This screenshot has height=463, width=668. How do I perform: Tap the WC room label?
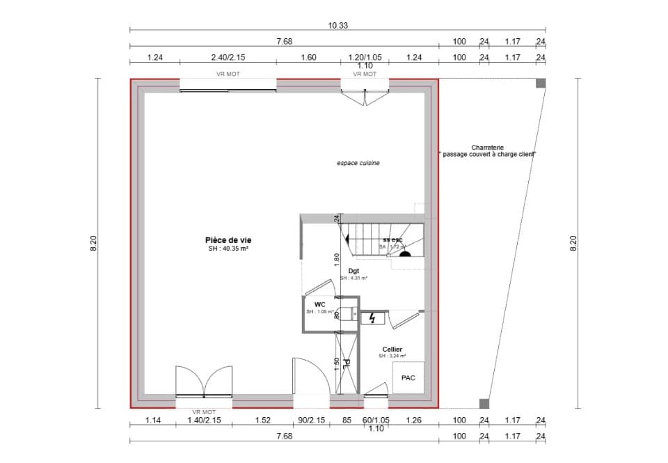tap(319, 304)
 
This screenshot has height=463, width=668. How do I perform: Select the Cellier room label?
tap(392, 349)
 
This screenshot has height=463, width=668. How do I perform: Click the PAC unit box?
tap(408, 378)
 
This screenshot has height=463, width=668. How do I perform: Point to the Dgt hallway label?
tap(353, 271)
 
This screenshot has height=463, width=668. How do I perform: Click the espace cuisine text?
tap(358, 163)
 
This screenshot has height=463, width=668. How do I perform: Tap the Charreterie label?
tap(487, 148)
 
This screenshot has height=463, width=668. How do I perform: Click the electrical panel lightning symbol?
tap(372, 318)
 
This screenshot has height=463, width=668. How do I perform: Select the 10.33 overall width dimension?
tap(338, 25)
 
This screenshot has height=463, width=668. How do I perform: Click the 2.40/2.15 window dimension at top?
tap(228, 58)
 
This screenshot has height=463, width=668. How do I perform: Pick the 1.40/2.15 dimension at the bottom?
tap(206, 420)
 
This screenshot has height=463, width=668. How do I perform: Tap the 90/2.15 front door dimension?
tap(312, 420)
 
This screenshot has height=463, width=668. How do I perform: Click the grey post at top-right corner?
tap(540, 84)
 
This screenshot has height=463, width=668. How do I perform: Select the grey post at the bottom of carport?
tap(484, 403)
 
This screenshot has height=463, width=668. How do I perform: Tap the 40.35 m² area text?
tap(228, 249)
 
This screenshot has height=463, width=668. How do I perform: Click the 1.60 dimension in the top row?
tap(308, 58)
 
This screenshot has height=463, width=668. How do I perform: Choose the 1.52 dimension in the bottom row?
tap(262, 420)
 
